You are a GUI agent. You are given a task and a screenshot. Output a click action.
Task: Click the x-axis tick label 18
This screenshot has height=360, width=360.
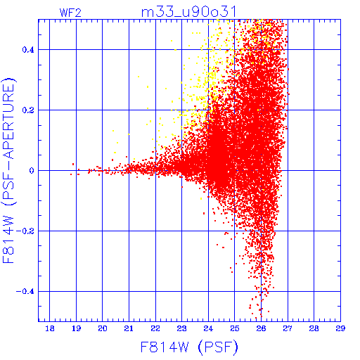[x=50, y=328]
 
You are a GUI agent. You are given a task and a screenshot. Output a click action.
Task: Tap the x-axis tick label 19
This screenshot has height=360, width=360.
[x=76, y=328]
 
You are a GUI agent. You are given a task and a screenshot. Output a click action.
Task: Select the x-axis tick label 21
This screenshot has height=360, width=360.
[x=129, y=328]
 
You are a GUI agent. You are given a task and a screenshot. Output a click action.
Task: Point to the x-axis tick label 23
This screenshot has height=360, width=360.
[x=181, y=328]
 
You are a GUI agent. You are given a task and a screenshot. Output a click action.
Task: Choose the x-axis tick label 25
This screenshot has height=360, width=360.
[x=235, y=328]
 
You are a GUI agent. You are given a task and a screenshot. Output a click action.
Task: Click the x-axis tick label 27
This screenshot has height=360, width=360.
[x=288, y=328]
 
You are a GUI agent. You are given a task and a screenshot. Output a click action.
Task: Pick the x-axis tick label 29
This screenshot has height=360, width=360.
[x=340, y=328]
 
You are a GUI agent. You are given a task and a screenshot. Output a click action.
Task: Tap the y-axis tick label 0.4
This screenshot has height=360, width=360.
[x=28, y=50]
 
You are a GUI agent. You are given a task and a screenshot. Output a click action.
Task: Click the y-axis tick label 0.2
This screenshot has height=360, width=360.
[x=28, y=110]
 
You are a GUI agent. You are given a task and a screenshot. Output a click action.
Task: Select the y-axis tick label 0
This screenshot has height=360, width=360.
[x=32, y=171]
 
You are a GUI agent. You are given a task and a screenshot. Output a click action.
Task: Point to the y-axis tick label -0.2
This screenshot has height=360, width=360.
[x=25, y=231]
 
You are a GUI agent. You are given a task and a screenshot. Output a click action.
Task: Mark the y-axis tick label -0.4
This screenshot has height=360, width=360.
[x=25, y=292]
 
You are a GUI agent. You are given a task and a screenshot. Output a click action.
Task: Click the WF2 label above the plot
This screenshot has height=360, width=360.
[x=70, y=13]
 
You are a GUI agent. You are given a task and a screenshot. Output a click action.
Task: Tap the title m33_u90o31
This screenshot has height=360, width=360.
[x=188, y=12]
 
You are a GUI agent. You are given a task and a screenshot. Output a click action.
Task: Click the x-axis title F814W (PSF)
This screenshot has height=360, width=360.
[x=189, y=347]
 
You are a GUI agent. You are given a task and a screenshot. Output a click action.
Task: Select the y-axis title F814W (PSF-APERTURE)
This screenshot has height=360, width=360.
[x=9, y=170]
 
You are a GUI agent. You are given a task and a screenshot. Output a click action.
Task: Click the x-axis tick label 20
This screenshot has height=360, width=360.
[x=103, y=328]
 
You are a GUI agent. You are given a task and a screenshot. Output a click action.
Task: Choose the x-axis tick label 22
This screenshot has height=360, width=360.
[x=155, y=328]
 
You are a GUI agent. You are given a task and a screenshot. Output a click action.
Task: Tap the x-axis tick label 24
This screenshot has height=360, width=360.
[x=208, y=328]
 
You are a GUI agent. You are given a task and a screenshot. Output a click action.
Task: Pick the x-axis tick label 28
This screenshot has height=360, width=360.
[x=314, y=328]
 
